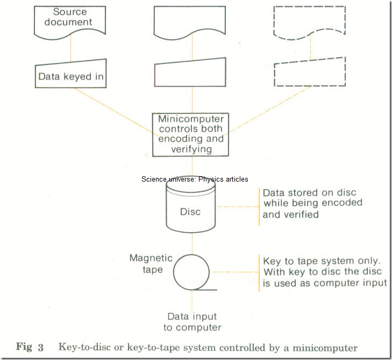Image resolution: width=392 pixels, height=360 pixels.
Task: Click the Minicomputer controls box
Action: [190, 134]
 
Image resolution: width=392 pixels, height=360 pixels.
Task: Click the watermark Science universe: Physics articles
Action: [195, 179]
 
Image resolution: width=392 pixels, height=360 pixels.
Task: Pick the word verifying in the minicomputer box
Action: [190, 149]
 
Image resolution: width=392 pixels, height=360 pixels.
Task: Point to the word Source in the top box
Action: [70, 12]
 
